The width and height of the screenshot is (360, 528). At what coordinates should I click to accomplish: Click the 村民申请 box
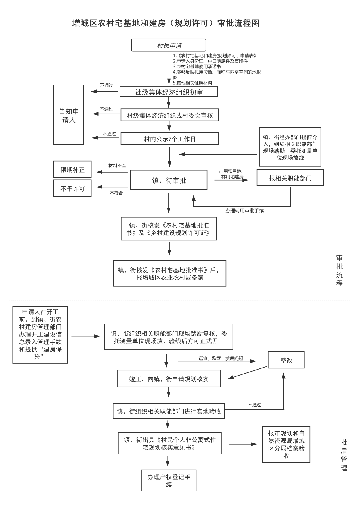pos(169,45)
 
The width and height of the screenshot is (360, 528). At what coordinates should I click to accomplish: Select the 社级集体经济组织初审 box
pos(169,92)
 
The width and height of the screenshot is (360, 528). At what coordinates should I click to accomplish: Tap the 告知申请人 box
pos(69,115)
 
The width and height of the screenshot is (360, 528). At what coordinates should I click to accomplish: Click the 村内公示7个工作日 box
pos(170,139)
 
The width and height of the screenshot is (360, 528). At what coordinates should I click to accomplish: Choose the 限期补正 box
pos(72,170)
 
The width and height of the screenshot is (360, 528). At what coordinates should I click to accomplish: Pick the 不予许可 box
pos(72,188)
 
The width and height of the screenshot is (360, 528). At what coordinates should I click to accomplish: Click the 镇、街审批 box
pos(169,180)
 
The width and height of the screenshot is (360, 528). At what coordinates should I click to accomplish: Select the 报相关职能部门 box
pos(290,178)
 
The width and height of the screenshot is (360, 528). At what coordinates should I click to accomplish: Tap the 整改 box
pos(286,360)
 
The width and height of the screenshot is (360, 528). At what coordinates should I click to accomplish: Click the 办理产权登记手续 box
pos(169,480)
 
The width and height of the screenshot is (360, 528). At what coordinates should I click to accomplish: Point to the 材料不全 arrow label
pos(117,165)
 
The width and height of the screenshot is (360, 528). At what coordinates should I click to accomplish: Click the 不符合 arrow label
pos(116,193)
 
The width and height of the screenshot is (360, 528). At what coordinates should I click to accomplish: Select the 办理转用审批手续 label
pos(244,211)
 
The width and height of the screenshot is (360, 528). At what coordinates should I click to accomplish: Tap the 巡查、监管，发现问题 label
pos(221,358)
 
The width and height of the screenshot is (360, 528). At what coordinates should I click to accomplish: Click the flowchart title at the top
pos(166,23)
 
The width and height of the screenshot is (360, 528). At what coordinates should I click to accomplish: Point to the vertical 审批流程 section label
pos(340,271)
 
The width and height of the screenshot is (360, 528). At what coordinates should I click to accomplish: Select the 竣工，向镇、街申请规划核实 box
pos(169,378)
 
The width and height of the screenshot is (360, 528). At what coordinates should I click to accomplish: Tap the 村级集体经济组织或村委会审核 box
pos(170,115)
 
